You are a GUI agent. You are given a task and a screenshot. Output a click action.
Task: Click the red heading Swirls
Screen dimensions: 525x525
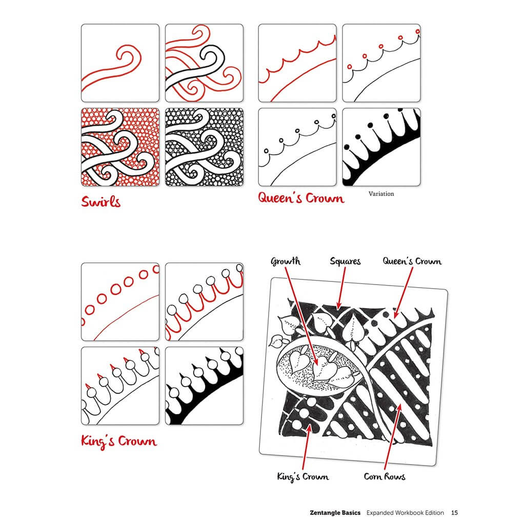101,201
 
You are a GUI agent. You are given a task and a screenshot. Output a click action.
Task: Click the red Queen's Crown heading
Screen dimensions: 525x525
301,197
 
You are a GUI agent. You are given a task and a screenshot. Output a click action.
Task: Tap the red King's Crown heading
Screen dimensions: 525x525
119,441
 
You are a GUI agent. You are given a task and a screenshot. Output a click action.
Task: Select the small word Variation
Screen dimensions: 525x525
381,194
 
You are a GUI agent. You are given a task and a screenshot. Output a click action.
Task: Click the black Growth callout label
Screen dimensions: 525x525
286,261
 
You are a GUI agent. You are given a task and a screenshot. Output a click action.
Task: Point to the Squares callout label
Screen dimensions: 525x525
345,261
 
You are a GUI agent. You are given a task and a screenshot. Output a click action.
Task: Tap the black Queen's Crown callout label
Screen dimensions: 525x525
412,261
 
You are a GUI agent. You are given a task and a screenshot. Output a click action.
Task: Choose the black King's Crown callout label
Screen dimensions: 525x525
302,477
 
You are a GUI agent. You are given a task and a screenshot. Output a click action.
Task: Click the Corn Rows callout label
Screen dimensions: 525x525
385,477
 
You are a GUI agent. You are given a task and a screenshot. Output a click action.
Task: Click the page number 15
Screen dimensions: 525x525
455,512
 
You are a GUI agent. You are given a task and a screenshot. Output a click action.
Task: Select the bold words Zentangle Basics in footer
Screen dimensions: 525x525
335,512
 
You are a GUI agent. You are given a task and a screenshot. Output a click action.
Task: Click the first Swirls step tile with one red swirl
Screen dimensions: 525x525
120,63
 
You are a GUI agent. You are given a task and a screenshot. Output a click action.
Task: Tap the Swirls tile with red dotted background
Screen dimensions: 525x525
120,147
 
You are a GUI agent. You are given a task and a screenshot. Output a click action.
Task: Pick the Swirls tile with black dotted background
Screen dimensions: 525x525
204,147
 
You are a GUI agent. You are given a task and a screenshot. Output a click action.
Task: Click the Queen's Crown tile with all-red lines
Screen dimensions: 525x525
297,63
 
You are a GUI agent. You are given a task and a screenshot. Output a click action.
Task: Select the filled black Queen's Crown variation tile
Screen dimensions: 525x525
381,147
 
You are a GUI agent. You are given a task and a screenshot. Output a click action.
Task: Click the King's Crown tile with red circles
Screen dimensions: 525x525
120,301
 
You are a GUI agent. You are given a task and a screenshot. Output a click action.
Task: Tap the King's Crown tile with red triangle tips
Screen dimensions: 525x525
120,386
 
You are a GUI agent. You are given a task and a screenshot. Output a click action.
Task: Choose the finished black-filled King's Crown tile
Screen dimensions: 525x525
204,386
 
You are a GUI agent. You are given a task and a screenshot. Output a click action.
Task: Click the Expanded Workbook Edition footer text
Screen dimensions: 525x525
406,512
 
